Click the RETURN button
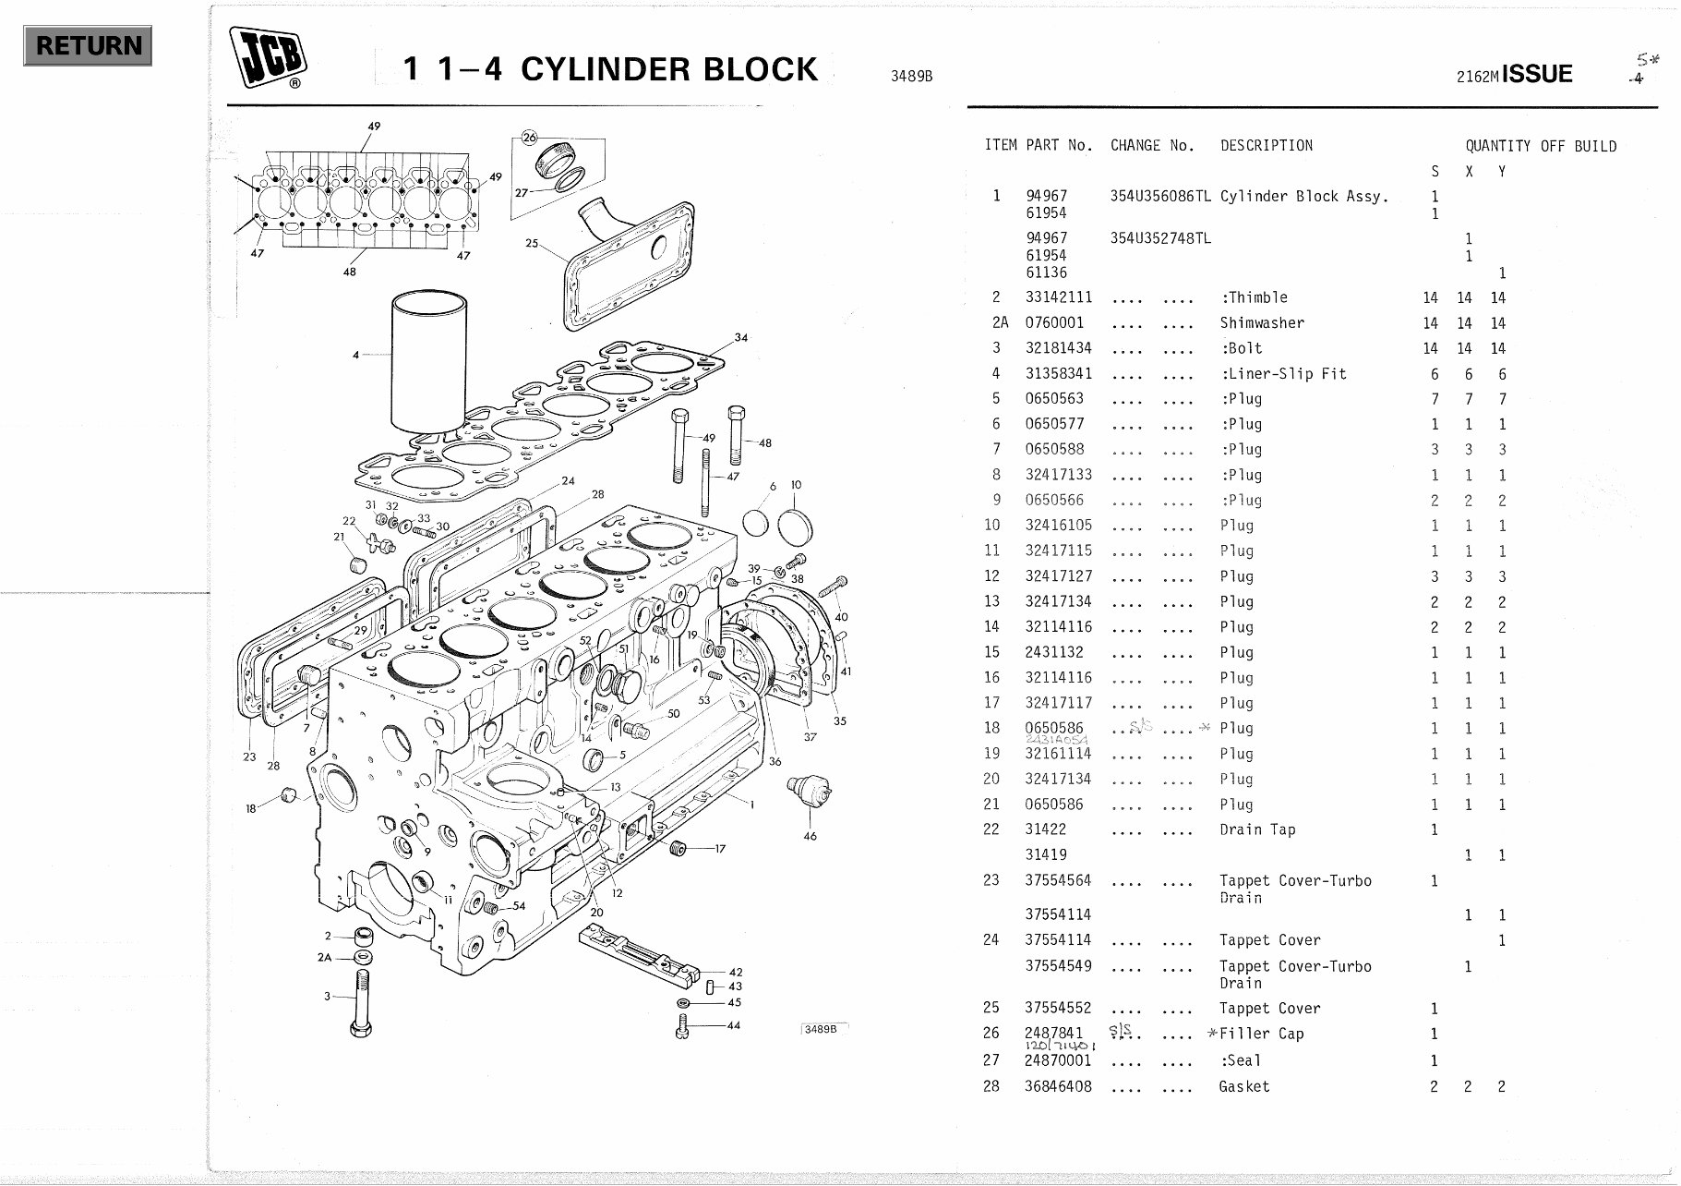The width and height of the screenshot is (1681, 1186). click(x=88, y=45)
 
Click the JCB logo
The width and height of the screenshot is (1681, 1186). click(x=268, y=57)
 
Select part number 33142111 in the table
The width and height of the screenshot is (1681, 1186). click(x=1058, y=297)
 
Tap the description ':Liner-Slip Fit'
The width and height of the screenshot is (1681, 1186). click(x=1283, y=374)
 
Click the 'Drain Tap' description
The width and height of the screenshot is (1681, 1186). click(x=1257, y=829)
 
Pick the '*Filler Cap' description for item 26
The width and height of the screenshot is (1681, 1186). click(x=1255, y=1034)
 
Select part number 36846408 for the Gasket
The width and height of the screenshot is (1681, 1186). click(x=1058, y=1086)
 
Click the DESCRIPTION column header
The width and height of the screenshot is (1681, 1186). click(x=1266, y=146)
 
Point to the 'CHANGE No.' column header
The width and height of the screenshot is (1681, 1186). click(x=1152, y=146)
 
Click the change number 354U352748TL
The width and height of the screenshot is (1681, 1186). click(x=1159, y=238)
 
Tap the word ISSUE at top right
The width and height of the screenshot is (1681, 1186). click(x=1537, y=74)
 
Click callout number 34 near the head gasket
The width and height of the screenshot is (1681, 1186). click(x=740, y=338)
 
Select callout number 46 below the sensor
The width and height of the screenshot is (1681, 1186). click(x=810, y=836)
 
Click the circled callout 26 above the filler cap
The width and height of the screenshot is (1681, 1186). click(x=529, y=138)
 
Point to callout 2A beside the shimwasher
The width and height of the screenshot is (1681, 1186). click(x=324, y=958)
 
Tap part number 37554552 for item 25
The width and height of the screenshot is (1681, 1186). click(x=1058, y=1009)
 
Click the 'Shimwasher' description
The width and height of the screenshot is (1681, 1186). click(x=1261, y=323)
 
